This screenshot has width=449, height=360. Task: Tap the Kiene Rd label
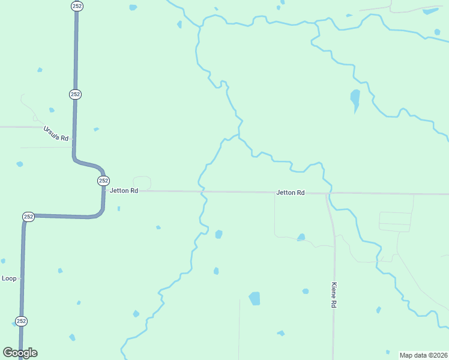point(334,296)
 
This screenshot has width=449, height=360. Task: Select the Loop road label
point(9,278)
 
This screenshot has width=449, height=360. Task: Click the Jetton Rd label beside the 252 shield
point(124,191)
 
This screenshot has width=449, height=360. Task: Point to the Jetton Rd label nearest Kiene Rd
point(291,193)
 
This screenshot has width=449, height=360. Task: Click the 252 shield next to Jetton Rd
point(103,181)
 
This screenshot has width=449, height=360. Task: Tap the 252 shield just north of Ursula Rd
point(75,94)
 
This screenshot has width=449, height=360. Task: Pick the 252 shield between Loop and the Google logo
point(21,320)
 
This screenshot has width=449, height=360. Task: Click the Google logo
point(20,353)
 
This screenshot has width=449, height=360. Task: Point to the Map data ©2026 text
point(423,355)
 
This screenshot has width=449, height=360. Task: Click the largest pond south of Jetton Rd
point(255,298)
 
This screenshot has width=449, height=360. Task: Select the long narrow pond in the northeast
point(355,99)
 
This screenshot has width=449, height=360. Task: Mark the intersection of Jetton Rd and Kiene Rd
point(327,194)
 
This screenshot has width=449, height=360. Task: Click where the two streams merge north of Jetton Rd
point(239,137)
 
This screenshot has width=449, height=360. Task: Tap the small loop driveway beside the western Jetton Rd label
point(142,183)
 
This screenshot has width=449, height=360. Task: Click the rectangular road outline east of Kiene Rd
point(396,221)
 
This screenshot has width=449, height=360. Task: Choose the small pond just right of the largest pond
point(306,292)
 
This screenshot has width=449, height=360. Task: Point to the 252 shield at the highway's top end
point(77,6)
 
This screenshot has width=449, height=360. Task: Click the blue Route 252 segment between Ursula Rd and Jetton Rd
point(74,129)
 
